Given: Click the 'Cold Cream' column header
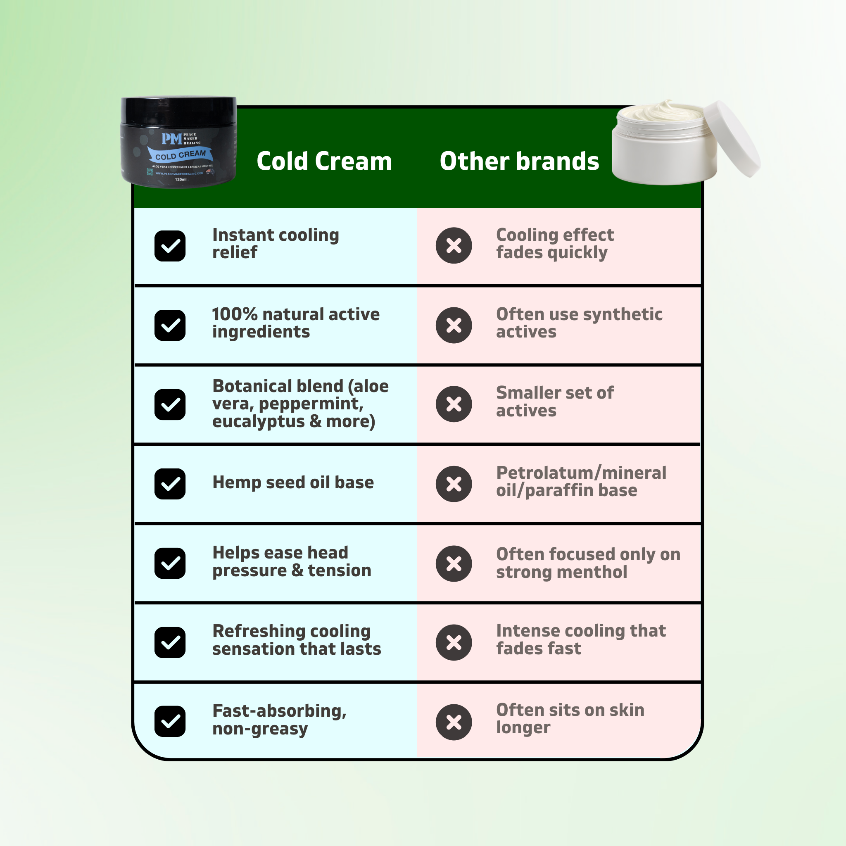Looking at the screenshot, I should [x=324, y=161].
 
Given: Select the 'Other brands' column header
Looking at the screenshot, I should [x=519, y=161].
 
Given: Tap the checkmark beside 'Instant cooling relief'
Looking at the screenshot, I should [x=170, y=246].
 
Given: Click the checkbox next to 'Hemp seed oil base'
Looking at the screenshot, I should [x=170, y=484].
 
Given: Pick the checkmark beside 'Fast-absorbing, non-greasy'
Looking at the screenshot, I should [x=170, y=721].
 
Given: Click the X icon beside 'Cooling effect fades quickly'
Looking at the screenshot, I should [x=454, y=246].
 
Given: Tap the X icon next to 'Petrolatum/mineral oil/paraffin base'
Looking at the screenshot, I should [x=454, y=484].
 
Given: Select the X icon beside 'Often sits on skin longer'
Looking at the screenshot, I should [x=454, y=722].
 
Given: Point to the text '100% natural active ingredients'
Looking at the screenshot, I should [x=296, y=323].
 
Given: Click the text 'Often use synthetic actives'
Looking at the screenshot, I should [x=579, y=323].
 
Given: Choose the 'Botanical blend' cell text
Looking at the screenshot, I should [x=300, y=404].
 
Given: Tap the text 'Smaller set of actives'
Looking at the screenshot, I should [x=554, y=402].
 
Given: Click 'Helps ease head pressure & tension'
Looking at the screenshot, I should [x=291, y=562].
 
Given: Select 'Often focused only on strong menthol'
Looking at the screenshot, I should [x=588, y=563].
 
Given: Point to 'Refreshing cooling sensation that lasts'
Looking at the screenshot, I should [x=297, y=640].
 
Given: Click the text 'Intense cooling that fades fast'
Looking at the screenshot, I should [x=581, y=640].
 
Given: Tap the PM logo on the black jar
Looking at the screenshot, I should [x=172, y=139].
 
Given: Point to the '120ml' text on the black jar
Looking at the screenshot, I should [x=181, y=180].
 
